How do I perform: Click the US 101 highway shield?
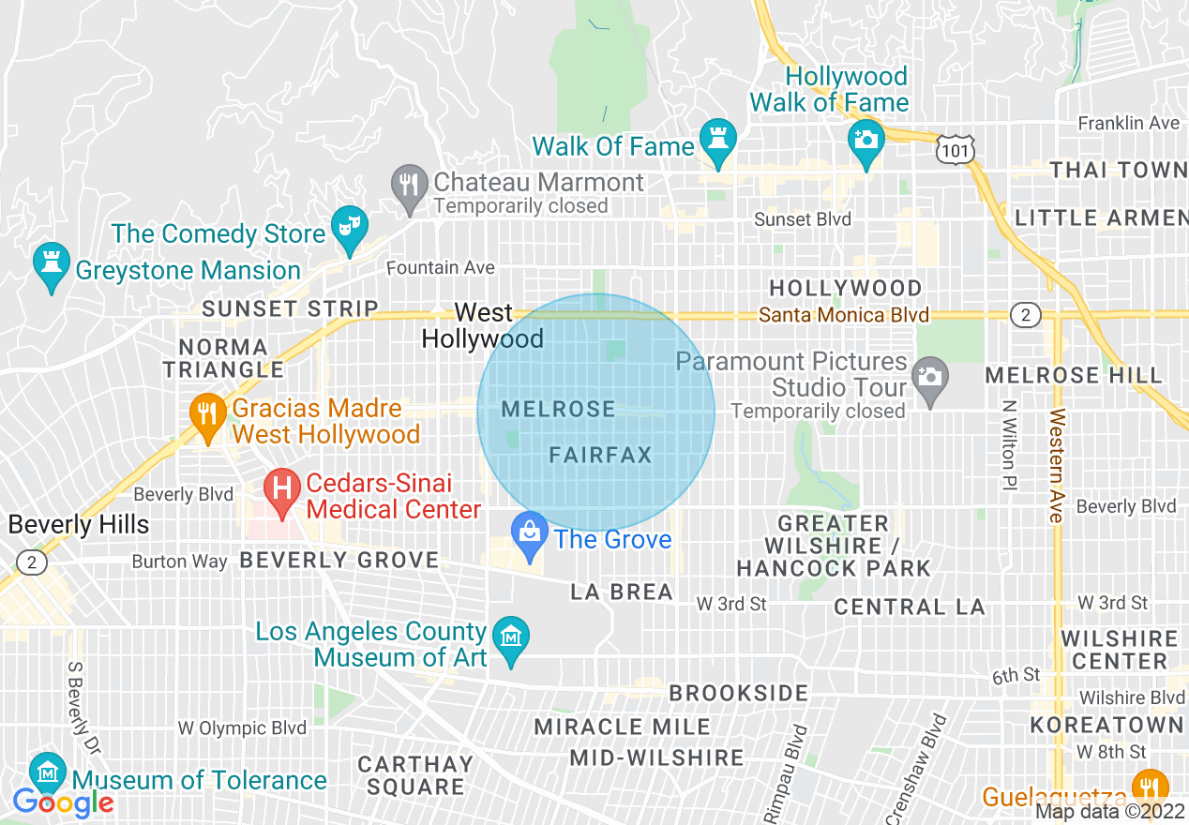point(955,149)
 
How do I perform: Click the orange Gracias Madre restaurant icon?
point(205,412)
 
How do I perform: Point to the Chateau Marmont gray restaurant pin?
point(408,184)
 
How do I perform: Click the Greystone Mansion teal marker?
point(50,263)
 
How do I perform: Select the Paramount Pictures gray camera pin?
point(929,378)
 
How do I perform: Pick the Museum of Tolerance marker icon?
point(47,773)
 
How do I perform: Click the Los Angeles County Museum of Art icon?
point(511,638)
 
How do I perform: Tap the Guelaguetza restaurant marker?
point(1150,786)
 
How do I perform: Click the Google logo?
point(63,802)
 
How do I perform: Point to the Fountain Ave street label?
point(441,268)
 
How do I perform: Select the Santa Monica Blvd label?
point(844,315)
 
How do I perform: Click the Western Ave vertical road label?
point(1057,466)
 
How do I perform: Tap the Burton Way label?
point(179,562)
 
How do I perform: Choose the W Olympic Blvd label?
point(242,728)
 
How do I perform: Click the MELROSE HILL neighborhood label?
point(1074,376)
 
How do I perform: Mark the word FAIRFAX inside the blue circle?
point(600,456)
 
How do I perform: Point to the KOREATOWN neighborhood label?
point(1106,725)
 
